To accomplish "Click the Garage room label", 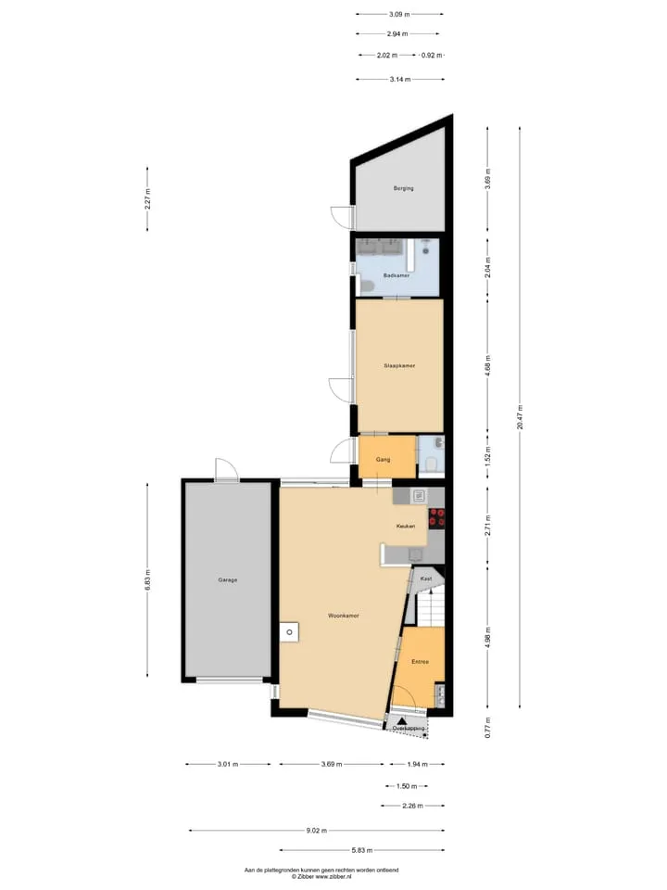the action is click(228, 580).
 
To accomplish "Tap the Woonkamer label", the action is click(343, 616).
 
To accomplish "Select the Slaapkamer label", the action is click(399, 365).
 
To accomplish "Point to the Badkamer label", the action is click(396, 275).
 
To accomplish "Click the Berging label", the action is click(403, 188).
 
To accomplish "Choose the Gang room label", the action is click(383, 459).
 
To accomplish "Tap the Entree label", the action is click(420, 662).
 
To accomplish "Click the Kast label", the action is click(426, 578).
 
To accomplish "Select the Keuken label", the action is click(406, 527).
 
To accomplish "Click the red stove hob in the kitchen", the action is click(436, 517).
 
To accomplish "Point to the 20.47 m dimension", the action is click(520, 418).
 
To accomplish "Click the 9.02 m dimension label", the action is click(317, 831).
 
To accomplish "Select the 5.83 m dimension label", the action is click(362, 850).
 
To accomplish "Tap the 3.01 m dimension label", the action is click(228, 764).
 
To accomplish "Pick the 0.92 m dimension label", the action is click(431, 55).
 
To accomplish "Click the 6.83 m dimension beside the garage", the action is click(147, 580).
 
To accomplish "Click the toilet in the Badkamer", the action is click(365, 286).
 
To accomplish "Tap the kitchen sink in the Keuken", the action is click(419, 495).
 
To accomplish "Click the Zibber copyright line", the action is click(321, 876).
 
